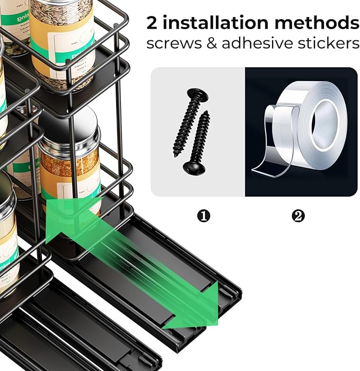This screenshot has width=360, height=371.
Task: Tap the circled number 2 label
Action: click(x=299, y=216)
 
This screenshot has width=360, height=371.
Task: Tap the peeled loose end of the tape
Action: click(x=265, y=159)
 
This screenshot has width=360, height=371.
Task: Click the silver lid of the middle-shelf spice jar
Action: click(x=69, y=127)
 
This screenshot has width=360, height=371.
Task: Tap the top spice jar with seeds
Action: click(x=61, y=37)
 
